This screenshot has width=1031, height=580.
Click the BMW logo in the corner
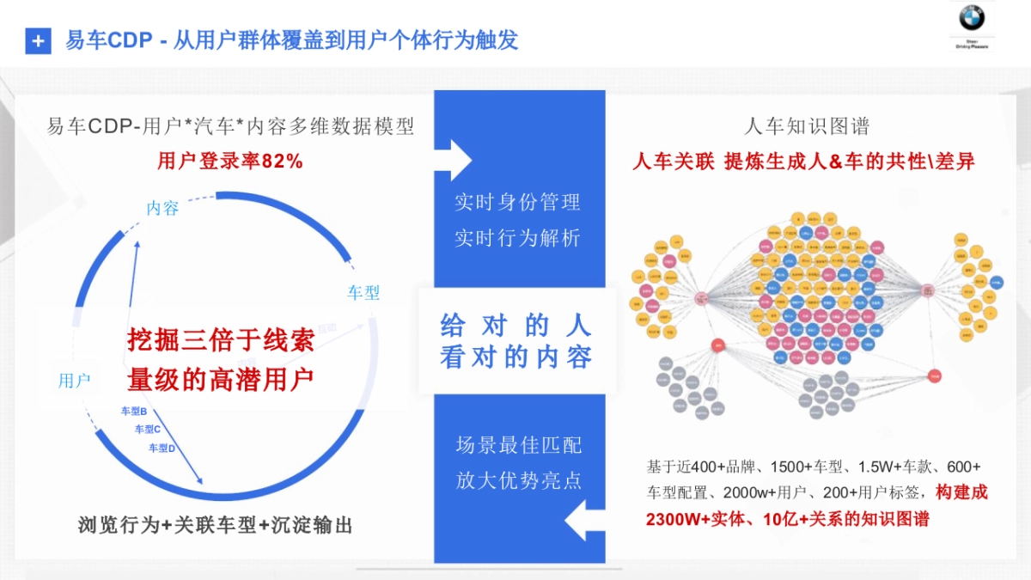(972, 18)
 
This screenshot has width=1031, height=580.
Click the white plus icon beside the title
(38, 40)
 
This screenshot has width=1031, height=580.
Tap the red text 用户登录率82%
(230, 161)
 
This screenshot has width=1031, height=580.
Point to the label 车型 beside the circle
(363, 292)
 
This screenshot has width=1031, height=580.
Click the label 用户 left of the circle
(74, 381)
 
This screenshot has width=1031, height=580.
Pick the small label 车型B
(133, 412)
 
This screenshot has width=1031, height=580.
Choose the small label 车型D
(162, 448)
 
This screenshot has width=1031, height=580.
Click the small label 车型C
(148, 429)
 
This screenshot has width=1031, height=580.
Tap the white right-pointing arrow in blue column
(459, 160)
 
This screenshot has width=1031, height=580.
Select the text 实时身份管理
(517, 202)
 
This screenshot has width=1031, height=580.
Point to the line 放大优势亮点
(518, 479)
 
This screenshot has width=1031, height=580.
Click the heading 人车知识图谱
(807, 127)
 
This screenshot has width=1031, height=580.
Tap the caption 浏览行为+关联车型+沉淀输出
(215, 526)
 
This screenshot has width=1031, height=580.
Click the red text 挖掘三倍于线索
(221, 340)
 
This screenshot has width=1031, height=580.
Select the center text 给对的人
(515, 325)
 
